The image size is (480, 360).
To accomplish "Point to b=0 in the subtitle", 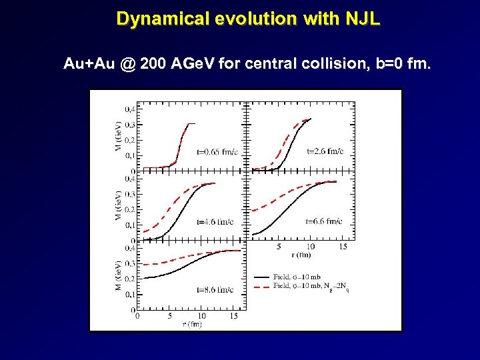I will point(387,65).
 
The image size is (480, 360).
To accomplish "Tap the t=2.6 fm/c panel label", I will point(325,151).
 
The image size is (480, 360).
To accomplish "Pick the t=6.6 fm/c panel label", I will point(324,221).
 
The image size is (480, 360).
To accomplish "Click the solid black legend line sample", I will point(262,275).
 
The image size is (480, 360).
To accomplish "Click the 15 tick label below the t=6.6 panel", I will point(343,246).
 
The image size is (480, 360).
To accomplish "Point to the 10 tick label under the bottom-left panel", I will point(202,315).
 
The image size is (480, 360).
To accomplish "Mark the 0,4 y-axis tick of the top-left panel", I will point(131,109).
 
